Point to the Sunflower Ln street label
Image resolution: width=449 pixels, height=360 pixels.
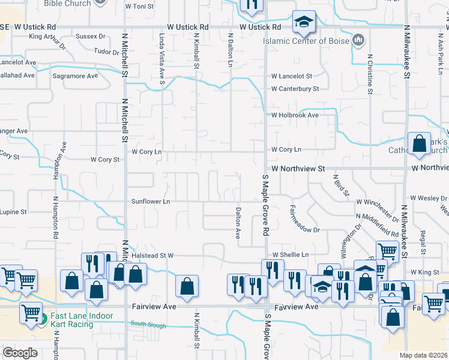pyautogui.click(x=151, y=202)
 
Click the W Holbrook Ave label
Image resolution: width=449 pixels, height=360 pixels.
pyautogui.click(x=295, y=115)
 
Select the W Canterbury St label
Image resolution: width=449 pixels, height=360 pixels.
pyautogui.click(x=295, y=89)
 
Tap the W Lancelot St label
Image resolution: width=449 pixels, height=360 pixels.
pyautogui.click(x=292, y=76)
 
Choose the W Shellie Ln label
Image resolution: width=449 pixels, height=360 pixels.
pyautogui.click(x=291, y=254)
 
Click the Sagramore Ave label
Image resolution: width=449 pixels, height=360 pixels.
pyautogui.click(x=75, y=76)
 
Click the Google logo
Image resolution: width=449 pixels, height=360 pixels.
pyautogui.click(x=20, y=353)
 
